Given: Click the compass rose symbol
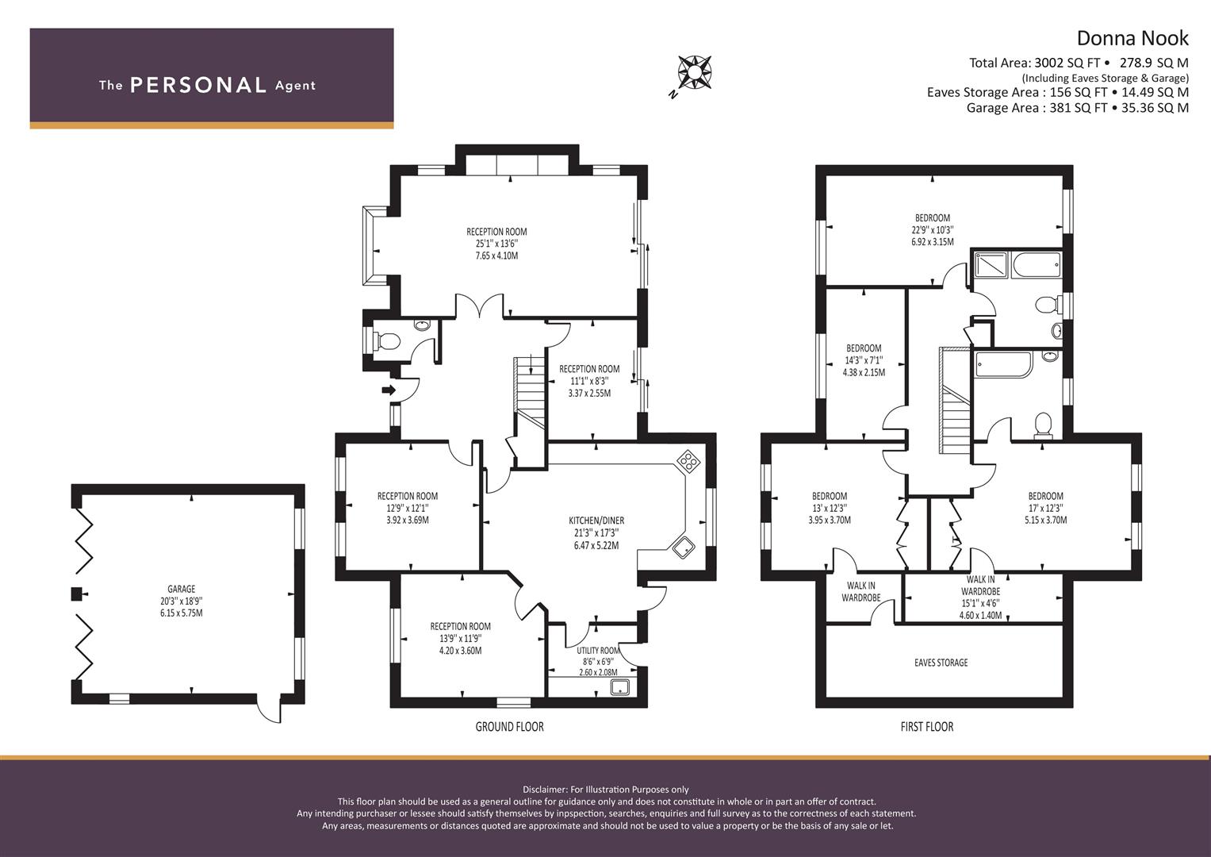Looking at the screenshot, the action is [695, 72].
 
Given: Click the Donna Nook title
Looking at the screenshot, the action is [1132, 38].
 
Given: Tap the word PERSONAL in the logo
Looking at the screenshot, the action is [198, 85].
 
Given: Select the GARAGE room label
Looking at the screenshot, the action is [181, 589].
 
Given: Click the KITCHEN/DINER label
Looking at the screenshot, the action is [596, 521].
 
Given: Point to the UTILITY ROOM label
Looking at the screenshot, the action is [598, 651].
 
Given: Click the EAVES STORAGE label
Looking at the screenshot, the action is [941, 663].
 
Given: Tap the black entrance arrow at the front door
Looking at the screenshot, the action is [389, 390].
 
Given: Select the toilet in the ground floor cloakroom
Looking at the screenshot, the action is [386, 341].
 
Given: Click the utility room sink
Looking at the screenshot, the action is [622, 688].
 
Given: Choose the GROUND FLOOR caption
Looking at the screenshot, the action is [509, 727].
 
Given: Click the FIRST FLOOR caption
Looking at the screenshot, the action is [926, 727].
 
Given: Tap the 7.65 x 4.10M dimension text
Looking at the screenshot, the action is [496, 256].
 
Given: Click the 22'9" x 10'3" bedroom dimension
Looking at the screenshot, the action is [933, 230].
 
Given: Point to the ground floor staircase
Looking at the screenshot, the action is [529, 392].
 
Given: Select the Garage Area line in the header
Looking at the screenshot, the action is [1078, 108].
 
